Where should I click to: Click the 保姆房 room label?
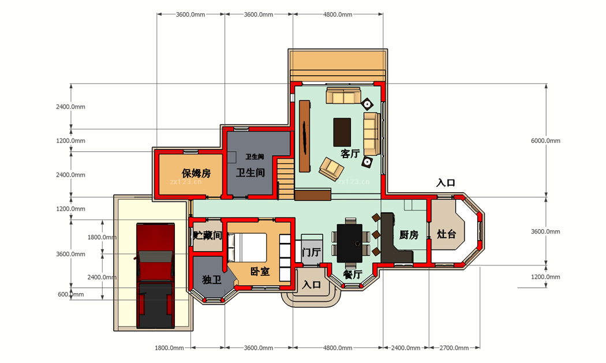(x=196, y=173)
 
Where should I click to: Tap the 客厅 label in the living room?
(x=350, y=154)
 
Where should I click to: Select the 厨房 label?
(x=409, y=235)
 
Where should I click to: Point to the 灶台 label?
(x=446, y=234)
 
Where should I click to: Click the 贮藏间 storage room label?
(x=208, y=235)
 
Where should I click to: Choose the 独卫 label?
(x=212, y=279)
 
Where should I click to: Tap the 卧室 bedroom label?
(x=260, y=271)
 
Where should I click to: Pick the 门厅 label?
(x=311, y=252)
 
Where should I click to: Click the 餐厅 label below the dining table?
(x=353, y=274)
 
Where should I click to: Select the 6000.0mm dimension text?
(x=545, y=141)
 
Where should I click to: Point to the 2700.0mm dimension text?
(x=454, y=348)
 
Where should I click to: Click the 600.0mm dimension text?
(x=71, y=294)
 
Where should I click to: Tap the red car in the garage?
(x=155, y=275)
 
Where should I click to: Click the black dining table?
(x=349, y=244)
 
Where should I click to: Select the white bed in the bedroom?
(x=248, y=247)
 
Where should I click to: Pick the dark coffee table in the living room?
(x=342, y=132)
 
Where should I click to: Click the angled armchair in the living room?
(x=331, y=169)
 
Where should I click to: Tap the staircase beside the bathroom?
(x=286, y=178)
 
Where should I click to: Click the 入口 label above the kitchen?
(x=446, y=183)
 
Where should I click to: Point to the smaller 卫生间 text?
(x=255, y=157)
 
